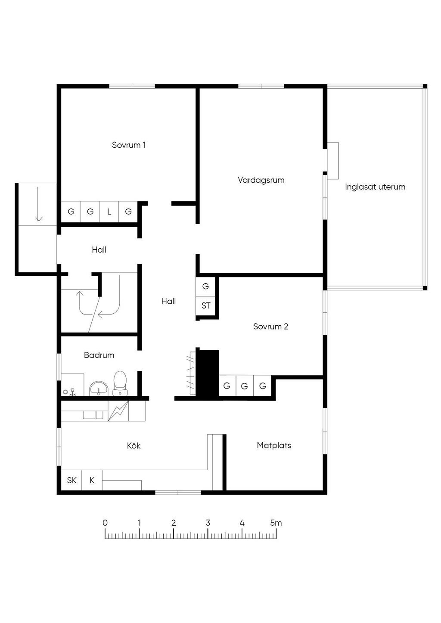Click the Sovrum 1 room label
pos(129,145)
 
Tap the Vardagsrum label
pos(261,180)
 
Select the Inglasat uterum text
pos(375,187)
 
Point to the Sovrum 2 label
pos(270,327)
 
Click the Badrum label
pos(99,355)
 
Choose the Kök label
pos(134,446)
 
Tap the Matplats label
pos(274,445)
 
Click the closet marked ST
pos(206,306)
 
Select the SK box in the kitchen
pos(71,480)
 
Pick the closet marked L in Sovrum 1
pos(109,212)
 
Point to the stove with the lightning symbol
pos(118,411)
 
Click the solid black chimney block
pos(208,373)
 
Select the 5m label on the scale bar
pos(276,523)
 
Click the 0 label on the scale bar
pos(105,523)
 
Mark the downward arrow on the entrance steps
pos(39,204)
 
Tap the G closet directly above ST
pos(205,286)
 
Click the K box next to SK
pos(92,480)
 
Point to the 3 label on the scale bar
pos(208,523)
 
